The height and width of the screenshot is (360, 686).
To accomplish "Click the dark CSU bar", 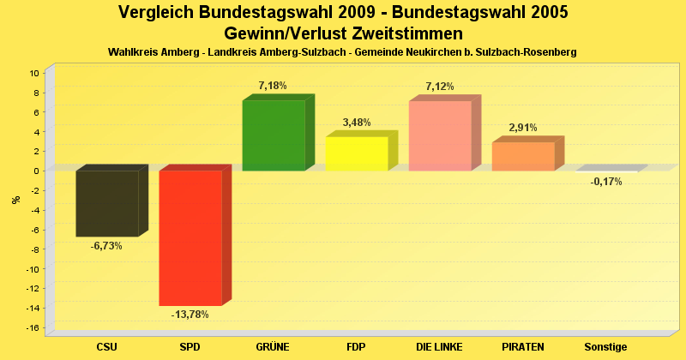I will pos(107,203).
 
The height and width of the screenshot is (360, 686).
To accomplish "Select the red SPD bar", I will pos(190,237).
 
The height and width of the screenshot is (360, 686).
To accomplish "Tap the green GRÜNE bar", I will pos(274,135).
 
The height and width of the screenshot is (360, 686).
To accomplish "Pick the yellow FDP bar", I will pos(357,153).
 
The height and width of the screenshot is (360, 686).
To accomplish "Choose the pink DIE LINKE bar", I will pos(440,135).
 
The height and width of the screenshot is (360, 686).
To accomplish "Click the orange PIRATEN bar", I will pos(523,156).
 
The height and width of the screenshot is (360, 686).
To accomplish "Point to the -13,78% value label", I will pos(190,315).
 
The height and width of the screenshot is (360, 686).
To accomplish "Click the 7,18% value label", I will pos(273,86).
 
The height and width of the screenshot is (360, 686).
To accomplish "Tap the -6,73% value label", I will pos(106,246).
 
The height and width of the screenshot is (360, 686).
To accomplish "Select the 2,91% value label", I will pos(523,128).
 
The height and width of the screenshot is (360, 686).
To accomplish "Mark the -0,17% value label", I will pos(606,182).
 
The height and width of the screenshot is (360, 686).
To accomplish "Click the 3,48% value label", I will pos(357,123).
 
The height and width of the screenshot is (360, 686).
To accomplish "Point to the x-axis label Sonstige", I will pos(606,347).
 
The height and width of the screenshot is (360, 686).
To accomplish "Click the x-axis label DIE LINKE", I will pos(439,347).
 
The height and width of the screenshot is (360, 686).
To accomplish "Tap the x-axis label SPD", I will pos(190,347).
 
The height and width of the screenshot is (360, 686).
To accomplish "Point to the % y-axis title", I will pos(15,200).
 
